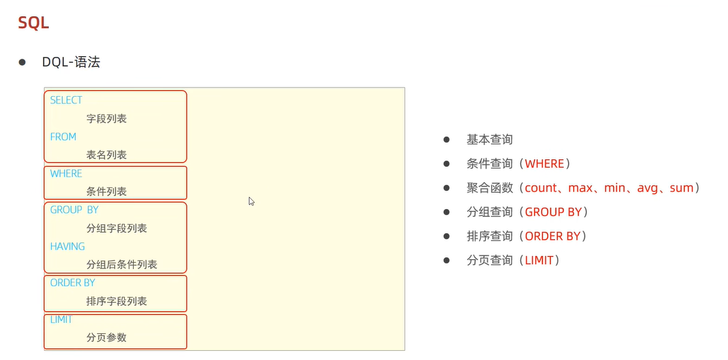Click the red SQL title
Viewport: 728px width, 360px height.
[33, 23]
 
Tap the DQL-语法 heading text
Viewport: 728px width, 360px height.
[71, 62]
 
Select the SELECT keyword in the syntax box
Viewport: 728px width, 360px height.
[66, 100]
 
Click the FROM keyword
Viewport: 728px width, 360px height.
[63, 137]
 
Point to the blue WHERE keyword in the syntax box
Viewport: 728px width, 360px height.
[66, 173]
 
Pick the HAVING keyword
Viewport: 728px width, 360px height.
[67, 246]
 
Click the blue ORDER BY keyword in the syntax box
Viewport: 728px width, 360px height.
[72, 283]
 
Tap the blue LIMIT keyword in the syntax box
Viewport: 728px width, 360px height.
[61, 319]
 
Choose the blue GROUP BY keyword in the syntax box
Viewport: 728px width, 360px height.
[74, 210]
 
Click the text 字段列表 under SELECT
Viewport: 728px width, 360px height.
[106, 118]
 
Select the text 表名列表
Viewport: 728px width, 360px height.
[106, 155]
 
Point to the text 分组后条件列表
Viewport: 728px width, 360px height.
[121, 265]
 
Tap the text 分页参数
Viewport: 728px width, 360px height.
[106, 338]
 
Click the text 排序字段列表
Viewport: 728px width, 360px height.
[116, 301]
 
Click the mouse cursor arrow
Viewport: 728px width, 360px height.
[251, 201]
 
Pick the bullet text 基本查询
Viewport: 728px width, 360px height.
[490, 139]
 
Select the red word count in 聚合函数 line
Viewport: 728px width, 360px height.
[541, 188]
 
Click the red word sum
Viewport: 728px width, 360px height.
[681, 188]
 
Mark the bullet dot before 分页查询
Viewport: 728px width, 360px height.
[447, 260]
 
